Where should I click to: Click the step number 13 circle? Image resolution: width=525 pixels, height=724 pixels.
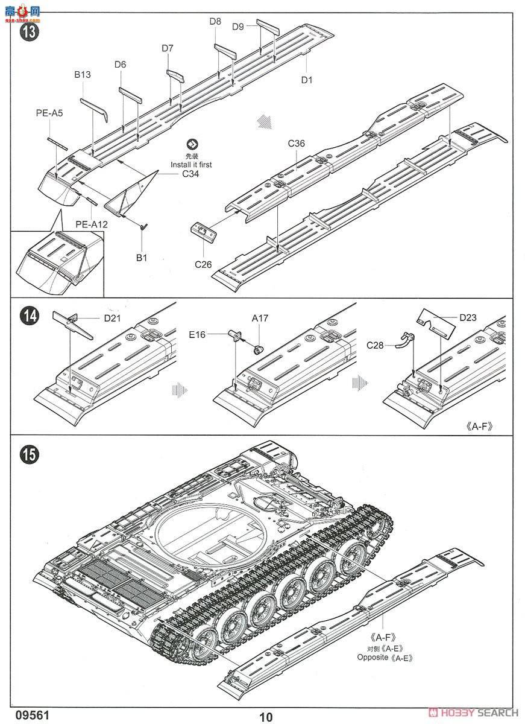point(29,32)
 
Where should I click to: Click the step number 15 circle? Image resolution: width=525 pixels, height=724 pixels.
point(29,454)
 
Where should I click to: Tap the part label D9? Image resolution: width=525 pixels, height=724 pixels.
point(238,26)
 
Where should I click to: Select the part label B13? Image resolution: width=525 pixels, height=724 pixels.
point(83,75)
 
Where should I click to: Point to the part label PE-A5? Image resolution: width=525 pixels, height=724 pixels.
point(48,112)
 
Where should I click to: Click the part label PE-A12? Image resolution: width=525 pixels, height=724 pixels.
point(92,224)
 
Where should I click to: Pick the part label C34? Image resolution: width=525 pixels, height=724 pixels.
point(190,174)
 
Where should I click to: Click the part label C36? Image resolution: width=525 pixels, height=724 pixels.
point(297,143)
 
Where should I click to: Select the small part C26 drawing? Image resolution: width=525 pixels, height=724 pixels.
point(205,232)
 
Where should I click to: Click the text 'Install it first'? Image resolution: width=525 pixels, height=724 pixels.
point(191,164)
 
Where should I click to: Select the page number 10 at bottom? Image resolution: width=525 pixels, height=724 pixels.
point(266,717)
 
